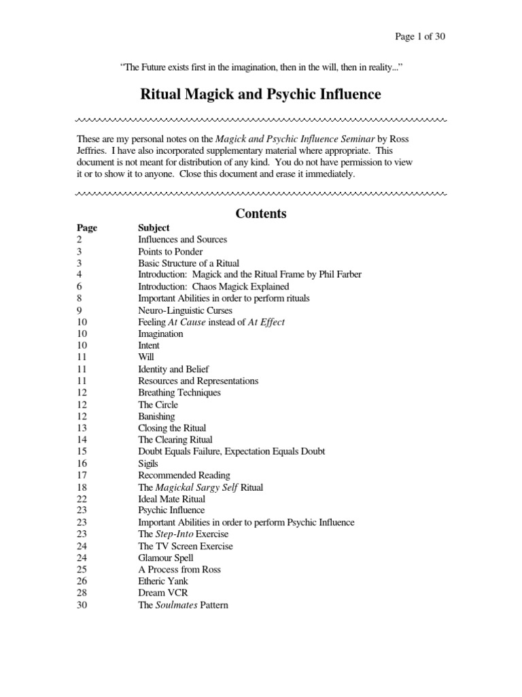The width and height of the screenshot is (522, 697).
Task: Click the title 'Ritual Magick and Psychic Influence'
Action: click(260, 94)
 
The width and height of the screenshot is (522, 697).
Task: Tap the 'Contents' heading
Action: click(260, 214)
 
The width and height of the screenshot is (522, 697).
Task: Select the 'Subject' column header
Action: click(154, 227)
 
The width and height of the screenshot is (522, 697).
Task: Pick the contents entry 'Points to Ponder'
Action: click(170, 251)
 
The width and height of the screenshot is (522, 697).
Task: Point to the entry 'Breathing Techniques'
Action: click(179, 393)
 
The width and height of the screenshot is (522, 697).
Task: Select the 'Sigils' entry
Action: click(149, 464)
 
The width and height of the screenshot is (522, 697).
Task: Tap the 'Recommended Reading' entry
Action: click(184, 475)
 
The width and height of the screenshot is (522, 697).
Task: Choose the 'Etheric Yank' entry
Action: click(163, 581)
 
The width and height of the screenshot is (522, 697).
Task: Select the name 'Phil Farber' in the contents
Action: click(338, 274)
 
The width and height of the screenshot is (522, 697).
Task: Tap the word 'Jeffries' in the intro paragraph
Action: click(93, 150)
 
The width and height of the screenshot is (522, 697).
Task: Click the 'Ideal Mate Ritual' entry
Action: click(171, 499)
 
